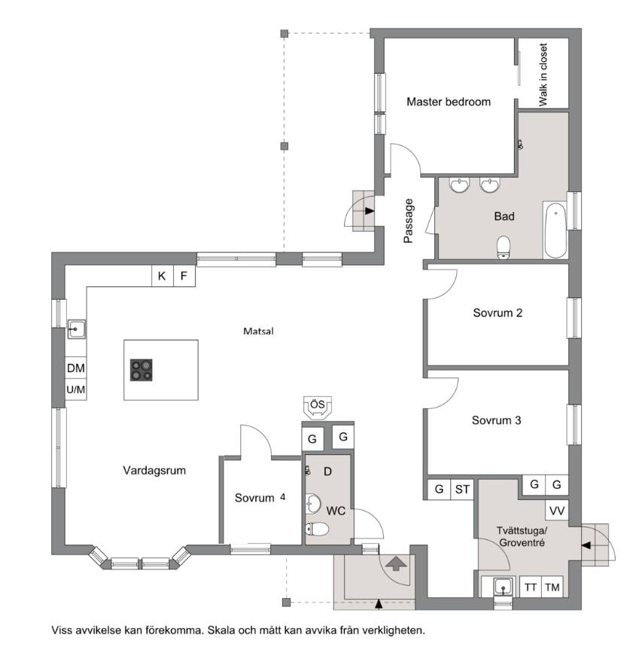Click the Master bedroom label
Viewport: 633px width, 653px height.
click(x=449, y=102)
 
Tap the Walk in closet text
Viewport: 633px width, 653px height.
click(x=543, y=75)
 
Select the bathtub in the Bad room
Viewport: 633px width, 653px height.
click(x=555, y=230)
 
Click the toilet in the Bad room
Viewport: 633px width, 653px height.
click(x=504, y=247)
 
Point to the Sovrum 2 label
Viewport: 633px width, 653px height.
click(x=498, y=313)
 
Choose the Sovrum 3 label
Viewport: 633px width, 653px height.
click(x=496, y=420)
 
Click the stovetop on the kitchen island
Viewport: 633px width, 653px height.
click(x=141, y=370)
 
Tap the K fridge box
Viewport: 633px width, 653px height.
click(x=162, y=276)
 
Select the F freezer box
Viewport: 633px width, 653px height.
click(x=184, y=276)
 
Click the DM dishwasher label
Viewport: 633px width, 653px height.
click(x=76, y=368)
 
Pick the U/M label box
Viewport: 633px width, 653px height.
click(x=76, y=389)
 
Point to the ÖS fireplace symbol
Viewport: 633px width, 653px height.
click(x=318, y=407)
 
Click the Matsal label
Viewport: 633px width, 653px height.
click(x=258, y=331)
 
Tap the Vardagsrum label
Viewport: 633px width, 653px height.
click(x=154, y=471)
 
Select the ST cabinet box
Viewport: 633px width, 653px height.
click(x=462, y=489)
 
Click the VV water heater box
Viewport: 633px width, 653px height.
click(x=557, y=511)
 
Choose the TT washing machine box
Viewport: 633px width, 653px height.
click(x=530, y=587)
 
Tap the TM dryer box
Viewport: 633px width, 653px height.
click(x=552, y=587)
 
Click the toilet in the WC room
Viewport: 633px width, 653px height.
click(x=317, y=529)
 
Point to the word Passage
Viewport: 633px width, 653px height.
click(x=408, y=221)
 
